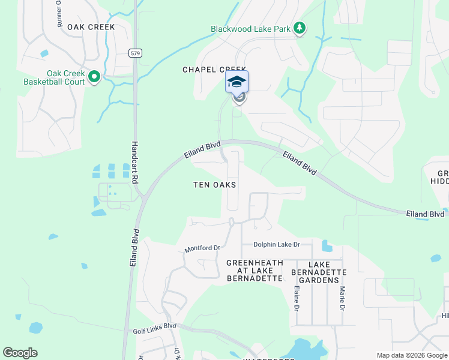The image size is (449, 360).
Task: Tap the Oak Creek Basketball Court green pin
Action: [x=94, y=77]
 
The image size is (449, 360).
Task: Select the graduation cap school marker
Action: [x=237, y=82]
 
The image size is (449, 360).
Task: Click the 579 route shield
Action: [x=134, y=53]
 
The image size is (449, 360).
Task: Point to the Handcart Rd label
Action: [x=135, y=163]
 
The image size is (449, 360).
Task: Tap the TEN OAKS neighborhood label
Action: [x=214, y=185]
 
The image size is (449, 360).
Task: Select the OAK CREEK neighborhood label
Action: [x=91, y=27]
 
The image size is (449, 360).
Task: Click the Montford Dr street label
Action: [x=203, y=247]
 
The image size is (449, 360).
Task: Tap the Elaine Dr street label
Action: [x=297, y=298]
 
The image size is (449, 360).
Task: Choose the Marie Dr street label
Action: [x=342, y=298]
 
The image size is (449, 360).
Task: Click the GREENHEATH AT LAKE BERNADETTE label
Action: [x=254, y=271]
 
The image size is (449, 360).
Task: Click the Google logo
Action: [x=20, y=353]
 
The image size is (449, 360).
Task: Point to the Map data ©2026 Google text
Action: [x=411, y=355]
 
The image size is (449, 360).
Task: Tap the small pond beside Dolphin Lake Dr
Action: [x=327, y=246]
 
